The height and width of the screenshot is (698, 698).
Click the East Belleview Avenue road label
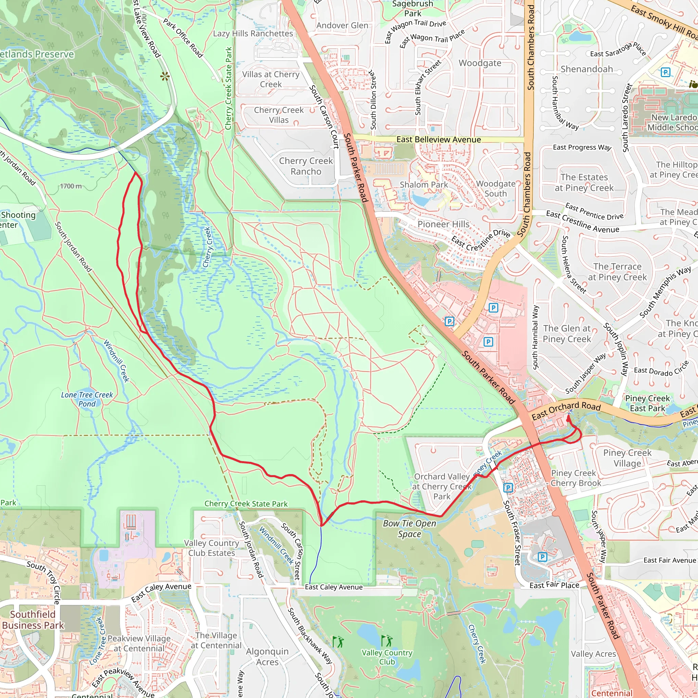coord(438,139)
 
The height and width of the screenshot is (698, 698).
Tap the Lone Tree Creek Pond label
coord(87,399)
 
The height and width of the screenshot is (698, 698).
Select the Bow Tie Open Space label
coord(409,529)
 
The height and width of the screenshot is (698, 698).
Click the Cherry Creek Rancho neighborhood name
coord(306,166)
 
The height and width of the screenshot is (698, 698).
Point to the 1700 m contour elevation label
coord(71,186)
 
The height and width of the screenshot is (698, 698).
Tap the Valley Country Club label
coord(386,657)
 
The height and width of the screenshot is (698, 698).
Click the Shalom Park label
coord(423,185)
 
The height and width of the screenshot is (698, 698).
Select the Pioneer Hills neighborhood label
coord(443,224)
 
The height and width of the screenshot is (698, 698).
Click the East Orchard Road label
coord(566,411)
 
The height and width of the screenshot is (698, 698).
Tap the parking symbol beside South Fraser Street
coord(508,488)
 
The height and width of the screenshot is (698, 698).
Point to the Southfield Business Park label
coord(32,620)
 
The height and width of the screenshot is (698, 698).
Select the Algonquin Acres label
coord(267,656)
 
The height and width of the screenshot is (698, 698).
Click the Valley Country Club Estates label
coord(211,548)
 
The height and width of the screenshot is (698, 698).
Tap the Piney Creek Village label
coord(627,458)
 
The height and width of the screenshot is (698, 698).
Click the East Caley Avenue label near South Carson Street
coord(333,587)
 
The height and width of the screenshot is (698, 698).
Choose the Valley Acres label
coord(593,654)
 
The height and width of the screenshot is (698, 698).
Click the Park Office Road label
coord(183,38)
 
